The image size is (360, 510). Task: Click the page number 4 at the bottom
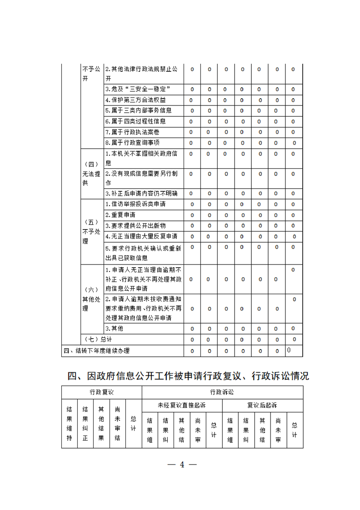[182, 465]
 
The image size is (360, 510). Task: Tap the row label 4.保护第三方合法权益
[135, 100]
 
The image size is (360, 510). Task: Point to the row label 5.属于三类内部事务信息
[138, 110]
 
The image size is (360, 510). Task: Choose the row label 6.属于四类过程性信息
[135, 121]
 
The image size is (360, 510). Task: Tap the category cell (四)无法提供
[91, 174]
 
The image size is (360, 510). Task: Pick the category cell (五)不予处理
[91, 231]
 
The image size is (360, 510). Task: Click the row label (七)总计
[98, 340]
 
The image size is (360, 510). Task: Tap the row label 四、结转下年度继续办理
[96, 350]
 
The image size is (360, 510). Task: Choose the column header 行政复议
[102, 392]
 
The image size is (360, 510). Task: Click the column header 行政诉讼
[222, 392]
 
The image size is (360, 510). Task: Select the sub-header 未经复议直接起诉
[182, 405]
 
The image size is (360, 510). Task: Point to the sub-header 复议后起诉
[262, 405]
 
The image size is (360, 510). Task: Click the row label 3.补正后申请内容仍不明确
[141, 194]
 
